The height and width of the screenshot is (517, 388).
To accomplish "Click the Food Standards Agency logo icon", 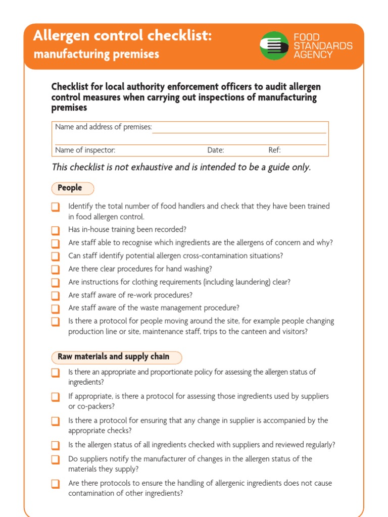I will tap(274, 46).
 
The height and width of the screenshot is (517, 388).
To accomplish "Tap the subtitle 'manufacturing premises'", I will tap(96, 54).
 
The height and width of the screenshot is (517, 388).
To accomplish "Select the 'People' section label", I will tap(70, 188).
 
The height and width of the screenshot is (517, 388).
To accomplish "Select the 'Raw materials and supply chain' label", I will tap(114, 357).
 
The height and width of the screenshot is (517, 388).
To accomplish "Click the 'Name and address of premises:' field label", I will tap(104, 127).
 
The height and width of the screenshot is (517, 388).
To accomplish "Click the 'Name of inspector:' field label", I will tap(85, 150).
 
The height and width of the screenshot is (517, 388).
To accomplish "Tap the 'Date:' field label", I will tap(216, 150).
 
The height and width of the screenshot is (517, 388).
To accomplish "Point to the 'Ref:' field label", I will tap(274, 150).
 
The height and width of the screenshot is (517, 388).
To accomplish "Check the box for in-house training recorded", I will tap(56, 230).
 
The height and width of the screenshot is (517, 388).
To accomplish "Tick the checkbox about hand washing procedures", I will tap(56, 269).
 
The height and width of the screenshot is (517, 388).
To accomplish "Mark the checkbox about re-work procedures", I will tap(56, 295).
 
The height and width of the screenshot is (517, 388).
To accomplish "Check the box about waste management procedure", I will tap(56, 308).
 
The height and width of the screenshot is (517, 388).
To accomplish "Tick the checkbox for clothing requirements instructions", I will tap(56, 282).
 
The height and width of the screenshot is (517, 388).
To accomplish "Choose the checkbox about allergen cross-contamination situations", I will tap(56, 256).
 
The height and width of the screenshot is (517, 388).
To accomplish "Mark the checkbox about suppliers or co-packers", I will tap(56, 397).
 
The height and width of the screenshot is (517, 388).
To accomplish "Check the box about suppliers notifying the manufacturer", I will tap(56, 459).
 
